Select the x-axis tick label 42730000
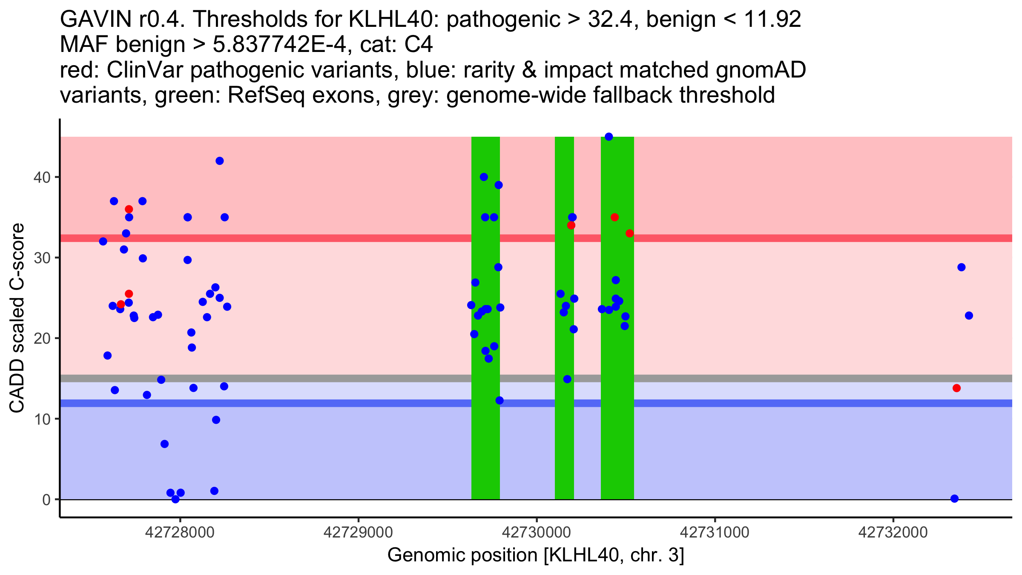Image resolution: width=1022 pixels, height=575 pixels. (537, 532)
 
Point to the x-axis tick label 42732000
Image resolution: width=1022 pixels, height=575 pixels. (893, 532)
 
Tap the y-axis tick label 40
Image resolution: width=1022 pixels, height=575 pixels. (42, 177)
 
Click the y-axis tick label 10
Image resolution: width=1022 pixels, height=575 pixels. (42, 419)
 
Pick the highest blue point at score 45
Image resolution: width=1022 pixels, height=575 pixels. (609, 137)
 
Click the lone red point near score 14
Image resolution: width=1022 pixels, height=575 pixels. (956, 388)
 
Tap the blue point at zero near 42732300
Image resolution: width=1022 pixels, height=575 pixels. (955, 498)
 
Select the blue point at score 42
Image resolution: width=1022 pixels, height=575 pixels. (220, 161)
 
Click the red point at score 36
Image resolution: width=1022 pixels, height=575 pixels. (129, 209)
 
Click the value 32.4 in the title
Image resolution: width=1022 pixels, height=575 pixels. (612, 20)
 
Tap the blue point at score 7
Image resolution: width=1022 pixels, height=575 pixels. (165, 444)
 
